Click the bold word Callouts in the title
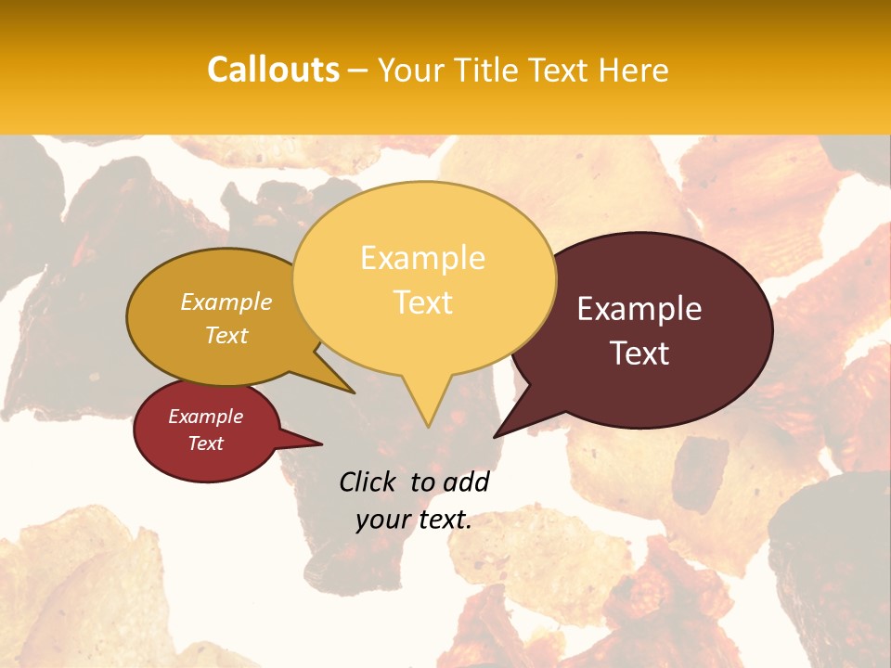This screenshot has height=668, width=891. point(273,70)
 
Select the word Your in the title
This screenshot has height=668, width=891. point(409,70)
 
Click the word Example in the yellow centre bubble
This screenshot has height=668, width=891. point(422,258)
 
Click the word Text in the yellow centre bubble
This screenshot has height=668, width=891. point(422,302)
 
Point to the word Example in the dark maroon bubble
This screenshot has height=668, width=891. point(639,309)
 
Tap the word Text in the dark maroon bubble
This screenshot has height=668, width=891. point(639,353)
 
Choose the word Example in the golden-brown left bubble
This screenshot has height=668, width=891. point(226,302)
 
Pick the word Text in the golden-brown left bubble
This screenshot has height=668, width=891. point(226,335)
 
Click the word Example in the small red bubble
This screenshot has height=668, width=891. point(205,417)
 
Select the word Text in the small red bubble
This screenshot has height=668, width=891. point(205,443)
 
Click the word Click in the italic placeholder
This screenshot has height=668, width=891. point(368,482)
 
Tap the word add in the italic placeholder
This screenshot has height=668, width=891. point(465,482)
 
